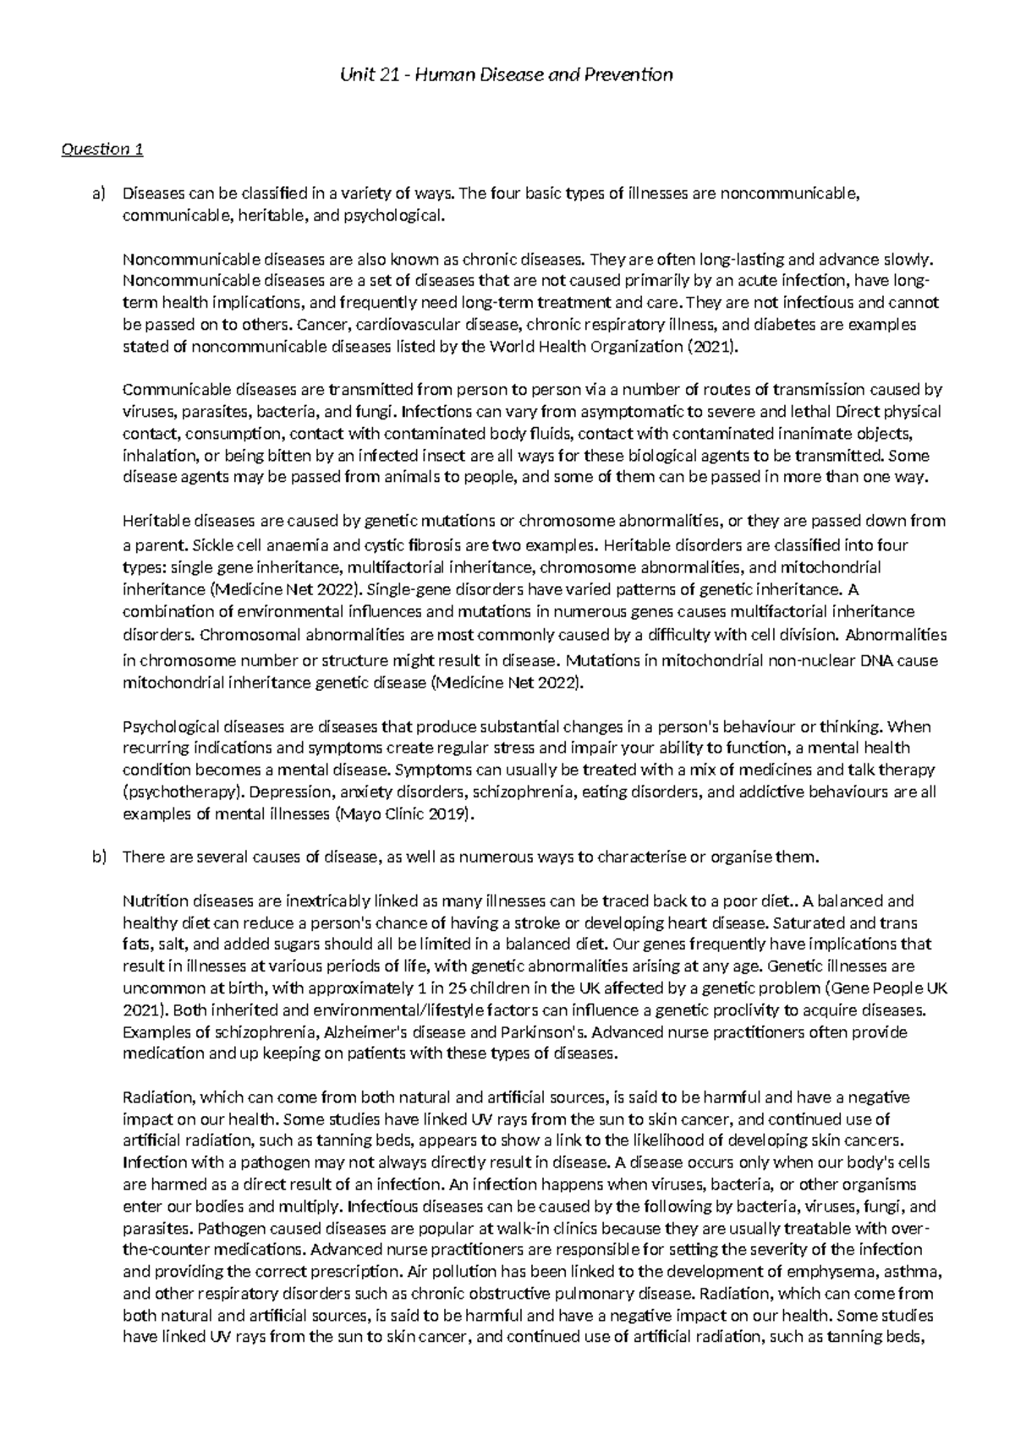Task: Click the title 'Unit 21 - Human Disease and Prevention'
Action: pos(506,74)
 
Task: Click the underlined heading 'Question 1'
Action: pos(101,150)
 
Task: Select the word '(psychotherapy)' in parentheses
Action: pos(173,793)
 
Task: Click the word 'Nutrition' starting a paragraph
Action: pos(153,901)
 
